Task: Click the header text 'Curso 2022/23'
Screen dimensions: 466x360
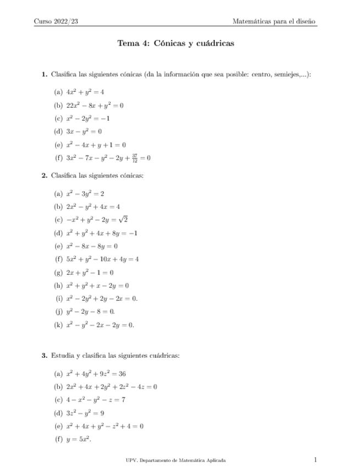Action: click(57, 21)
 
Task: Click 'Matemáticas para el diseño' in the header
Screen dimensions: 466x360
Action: click(274, 21)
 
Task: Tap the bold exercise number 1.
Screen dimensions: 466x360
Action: click(44, 74)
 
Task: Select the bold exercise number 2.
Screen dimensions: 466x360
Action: click(44, 176)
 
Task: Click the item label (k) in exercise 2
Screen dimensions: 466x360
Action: click(58, 325)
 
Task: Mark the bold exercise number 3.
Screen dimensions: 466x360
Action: click(44, 356)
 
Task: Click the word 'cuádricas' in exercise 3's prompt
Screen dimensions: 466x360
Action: click(164, 356)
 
